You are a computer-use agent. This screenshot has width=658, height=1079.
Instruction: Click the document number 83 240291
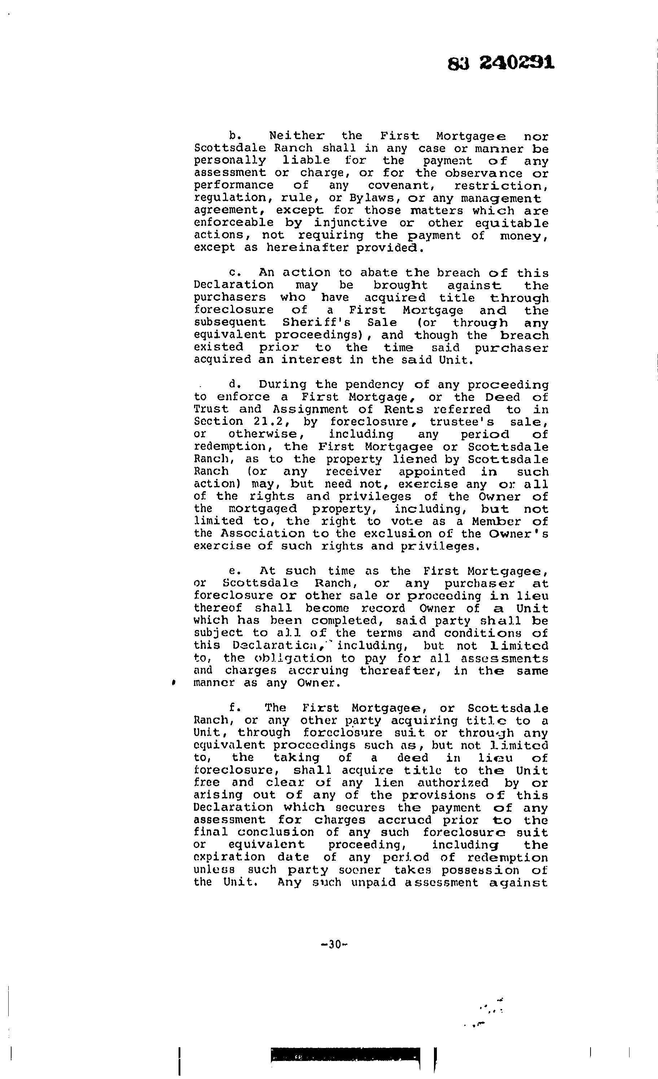(501, 63)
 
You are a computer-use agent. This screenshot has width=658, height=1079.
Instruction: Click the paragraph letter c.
(233, 273)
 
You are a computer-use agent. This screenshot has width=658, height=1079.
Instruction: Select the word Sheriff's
(310, 323)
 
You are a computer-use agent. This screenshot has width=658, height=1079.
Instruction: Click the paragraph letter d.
(233, 384)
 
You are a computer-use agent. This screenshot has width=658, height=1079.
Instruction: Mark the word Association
(263, 534)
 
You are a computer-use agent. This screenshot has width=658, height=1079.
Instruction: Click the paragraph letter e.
(233, 571)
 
